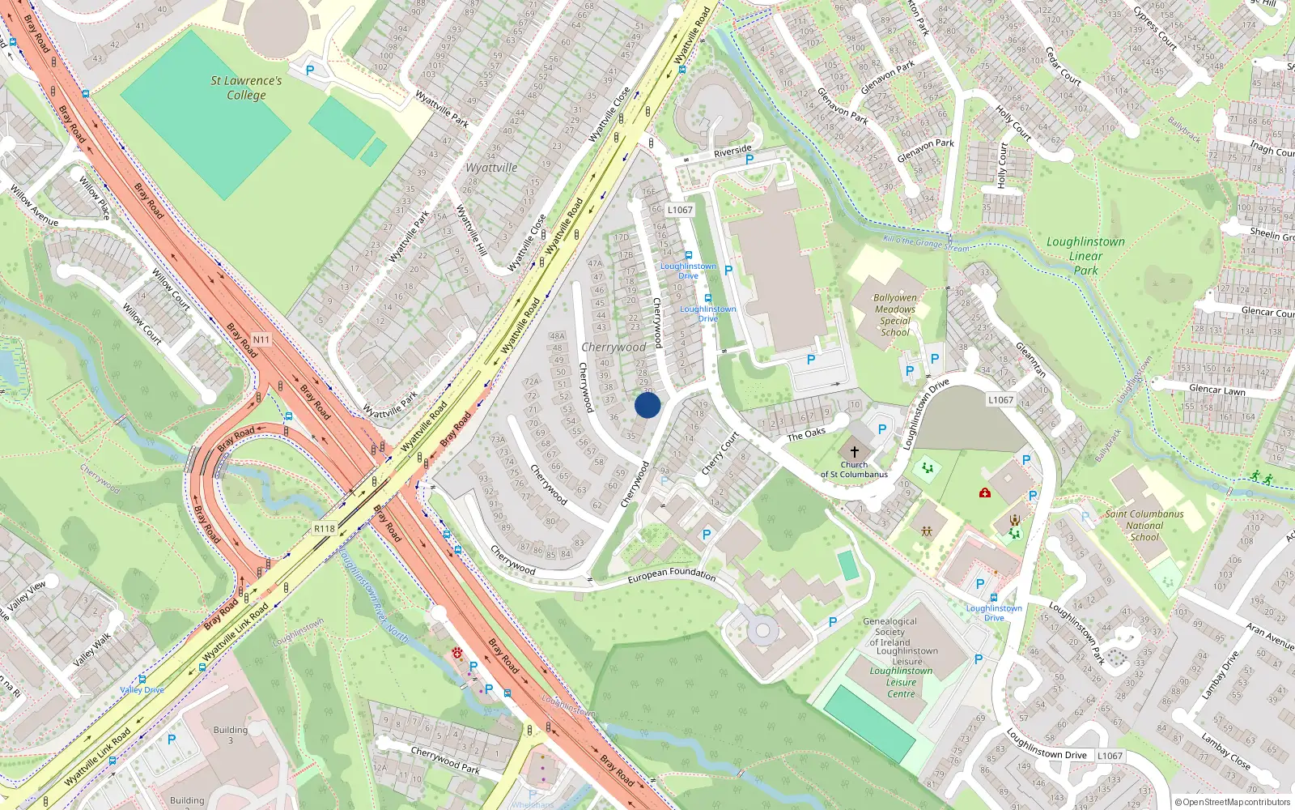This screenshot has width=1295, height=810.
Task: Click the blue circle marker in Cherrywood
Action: pyautogui.click(x=647, y=405)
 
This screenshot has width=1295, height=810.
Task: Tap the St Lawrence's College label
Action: pyautogui.click(x=246, y=87)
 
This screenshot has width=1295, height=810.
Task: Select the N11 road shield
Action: pyautogui.click(x=261, y=339)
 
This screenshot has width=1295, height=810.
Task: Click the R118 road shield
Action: pyautogui.click(x=325, y=528)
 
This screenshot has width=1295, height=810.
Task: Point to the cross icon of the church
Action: pyautogui.click(x=854, y=451)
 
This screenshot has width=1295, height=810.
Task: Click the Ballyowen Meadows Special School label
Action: pyautogui.click(x=895, y=315)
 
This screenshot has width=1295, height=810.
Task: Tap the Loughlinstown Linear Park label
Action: pyautogui.click(x=1085, y=256)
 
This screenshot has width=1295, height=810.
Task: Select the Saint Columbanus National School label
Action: pyautogui.click(x=1144, y=525)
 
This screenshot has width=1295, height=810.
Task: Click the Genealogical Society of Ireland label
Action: pyautogui.click(x=890, y=632)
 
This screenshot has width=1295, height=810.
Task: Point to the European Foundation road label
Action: pyautogui.click(x=672, y=574)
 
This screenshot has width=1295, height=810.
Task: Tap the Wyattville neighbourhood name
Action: pyautogui.click(x=491, y=168)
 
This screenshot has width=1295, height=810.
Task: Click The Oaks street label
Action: pyautogui.click(x=806, y=434)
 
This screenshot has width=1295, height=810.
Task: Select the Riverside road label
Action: pyautogui.click(x=732, y=151)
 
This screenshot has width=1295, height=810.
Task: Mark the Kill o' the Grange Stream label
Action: pyautogui.click(x=926, y=243)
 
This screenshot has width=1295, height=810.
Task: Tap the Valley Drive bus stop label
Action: pyautogui.click(x=142, y=690)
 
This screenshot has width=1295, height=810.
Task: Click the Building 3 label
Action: pyautogui.click(x=231, y=735)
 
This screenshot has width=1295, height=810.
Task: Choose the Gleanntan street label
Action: pyautogui.click(x=1030, y=359)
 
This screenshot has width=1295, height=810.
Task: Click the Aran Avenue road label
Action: pyautogui.click(x=1270, y=636)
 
